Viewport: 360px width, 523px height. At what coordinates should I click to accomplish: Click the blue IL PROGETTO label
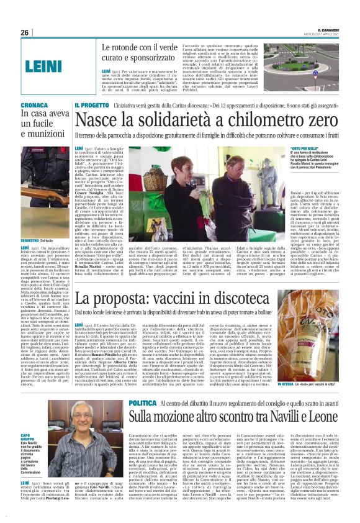(x=94, y=106)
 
